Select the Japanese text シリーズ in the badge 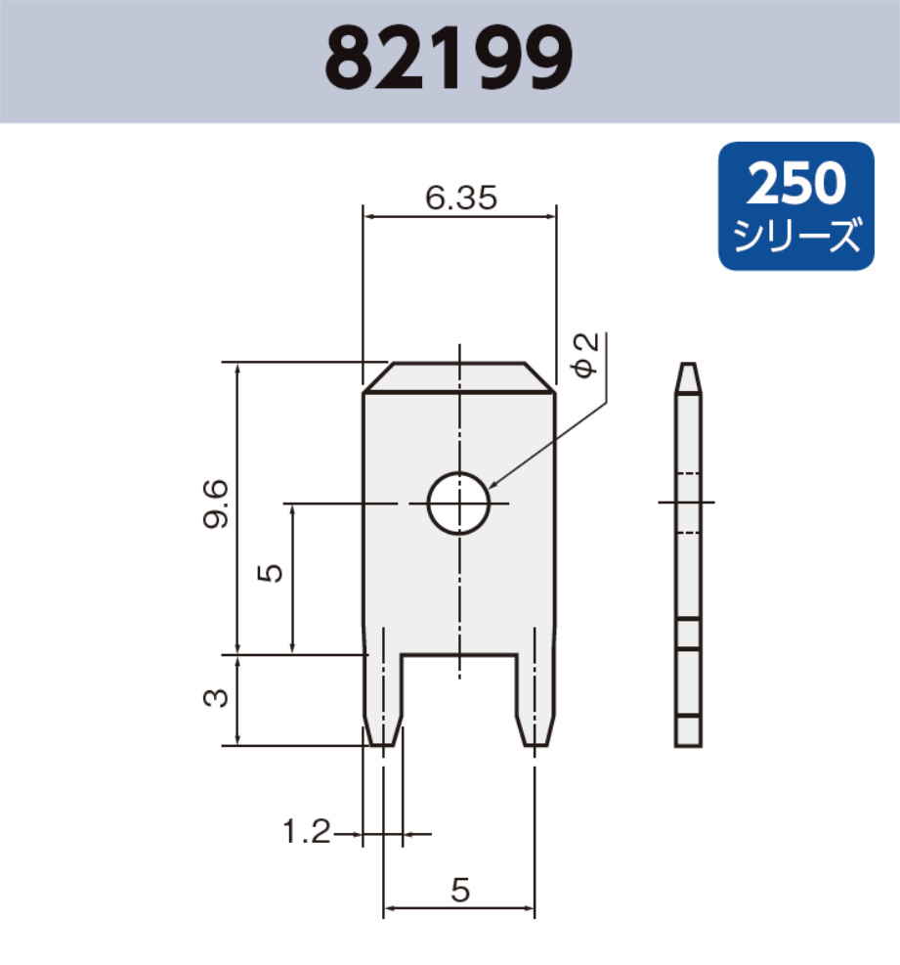796,236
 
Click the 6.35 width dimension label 461,198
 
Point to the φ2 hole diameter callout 585,355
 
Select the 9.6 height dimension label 217,504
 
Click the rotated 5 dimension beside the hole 271,571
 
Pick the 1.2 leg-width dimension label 306,834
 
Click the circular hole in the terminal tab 458,504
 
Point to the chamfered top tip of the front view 459,377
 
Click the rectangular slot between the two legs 459,699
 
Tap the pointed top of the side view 688,377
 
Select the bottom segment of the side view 688,731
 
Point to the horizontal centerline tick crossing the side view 688,503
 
